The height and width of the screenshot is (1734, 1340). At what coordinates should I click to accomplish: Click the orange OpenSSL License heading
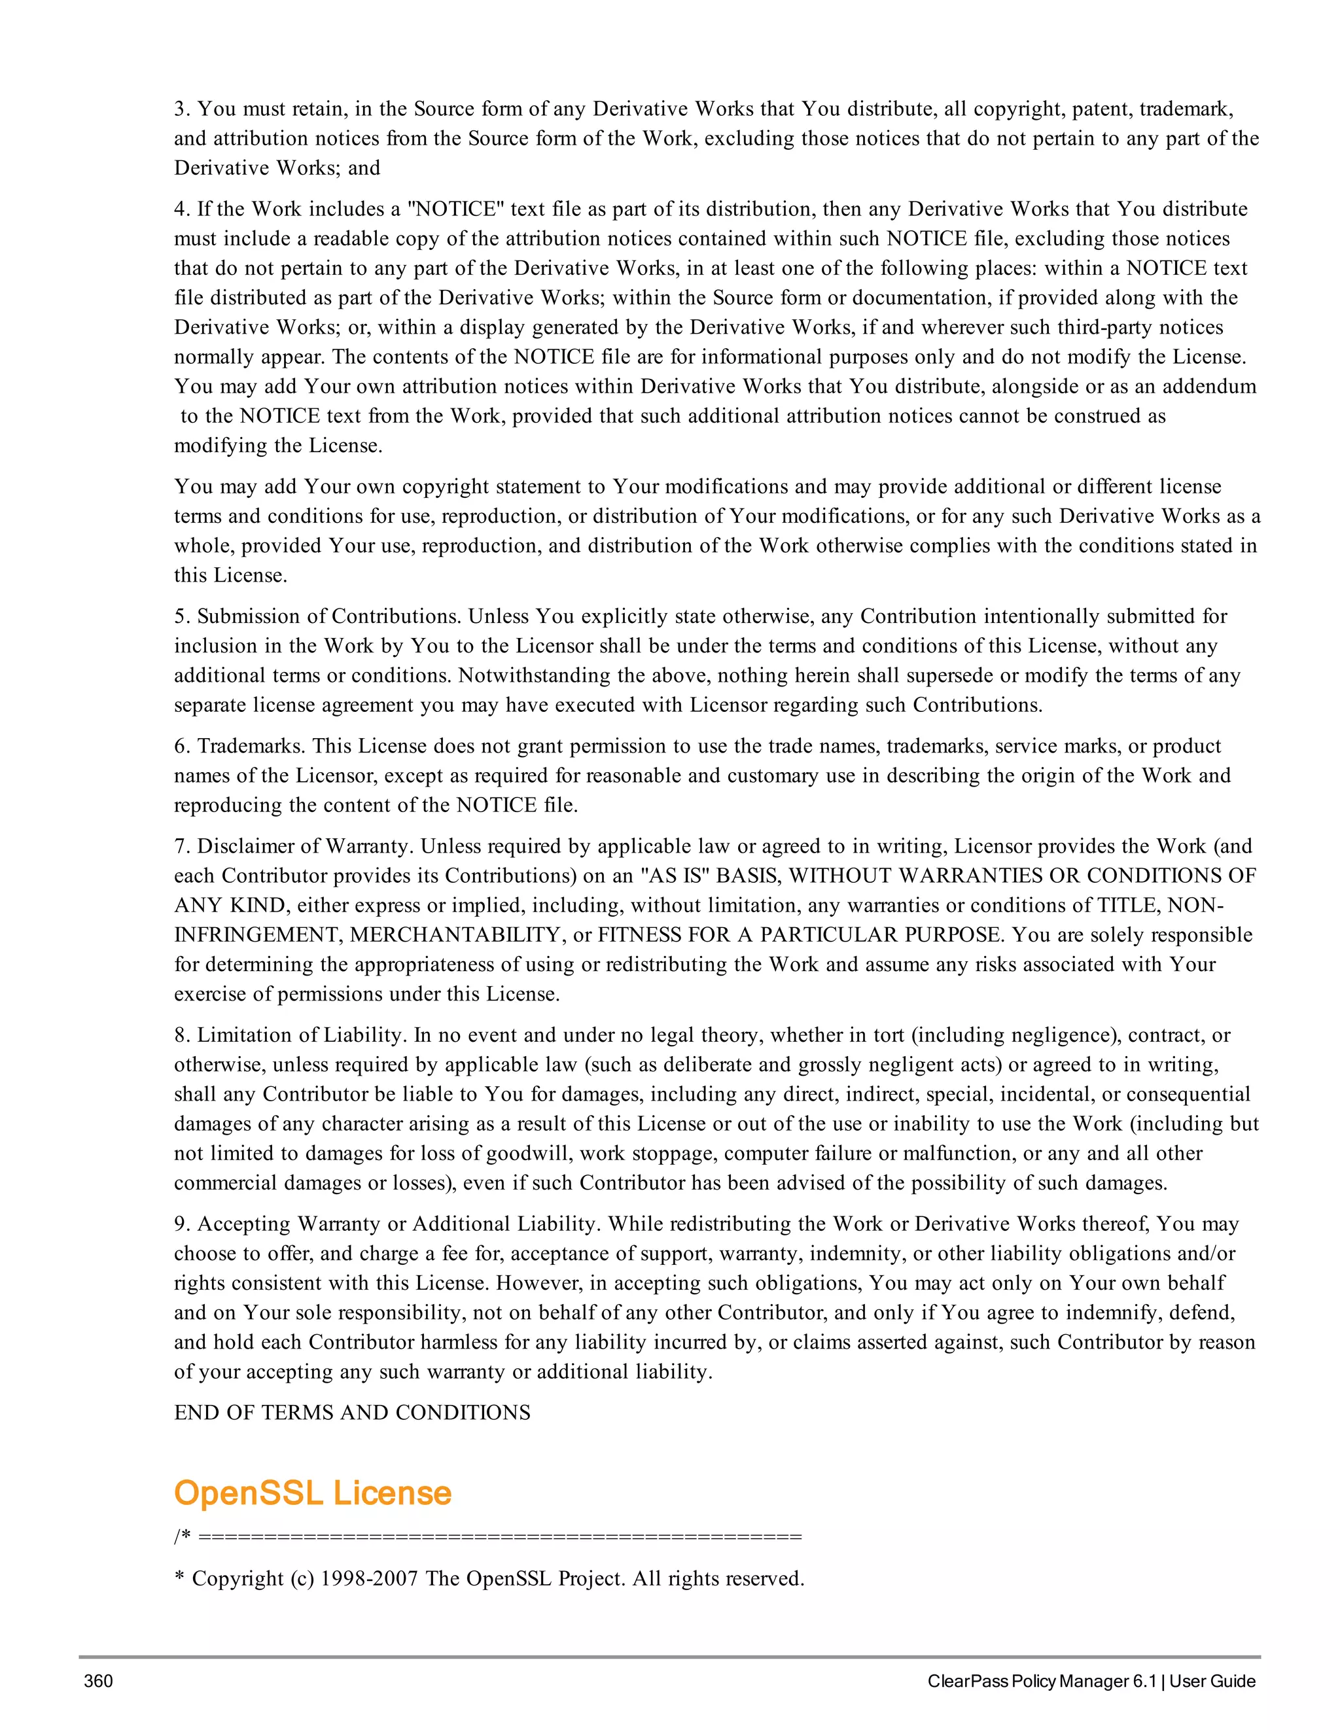[312, 1493]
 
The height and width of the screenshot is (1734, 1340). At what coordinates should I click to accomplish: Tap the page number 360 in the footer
[98, 1681]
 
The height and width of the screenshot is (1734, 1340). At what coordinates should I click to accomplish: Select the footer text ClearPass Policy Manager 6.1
[1042, 1681]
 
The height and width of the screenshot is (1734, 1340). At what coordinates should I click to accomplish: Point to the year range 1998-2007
[369, 1578]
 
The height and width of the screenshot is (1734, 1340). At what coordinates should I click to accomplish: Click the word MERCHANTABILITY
[457, 934]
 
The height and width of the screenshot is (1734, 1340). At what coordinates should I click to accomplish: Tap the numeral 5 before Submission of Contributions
[179, 616]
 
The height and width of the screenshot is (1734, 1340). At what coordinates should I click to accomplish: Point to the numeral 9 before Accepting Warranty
[179, 1224]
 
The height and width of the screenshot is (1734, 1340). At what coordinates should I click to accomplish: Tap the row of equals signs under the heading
[500, 1537]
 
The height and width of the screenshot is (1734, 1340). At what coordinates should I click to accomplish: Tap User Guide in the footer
[1212, 1681]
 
